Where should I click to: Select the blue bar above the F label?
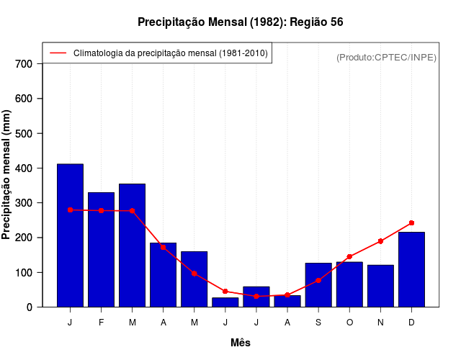pos(101,249)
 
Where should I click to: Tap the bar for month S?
pos(318,285)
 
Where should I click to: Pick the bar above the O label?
pos(349,284)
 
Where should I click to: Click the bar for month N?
pos(380,286)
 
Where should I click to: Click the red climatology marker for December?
pos(411,223)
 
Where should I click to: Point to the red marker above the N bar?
pos(380,241)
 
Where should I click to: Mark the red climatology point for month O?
pos(349,256)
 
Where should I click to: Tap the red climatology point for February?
pos(101,210)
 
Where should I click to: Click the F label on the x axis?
pos(101,323)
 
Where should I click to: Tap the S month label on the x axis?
pos(318,323)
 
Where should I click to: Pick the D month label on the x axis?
pos(411,323)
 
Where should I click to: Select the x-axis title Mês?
pos(241,343)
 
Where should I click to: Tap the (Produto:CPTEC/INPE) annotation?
pos(386,57)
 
